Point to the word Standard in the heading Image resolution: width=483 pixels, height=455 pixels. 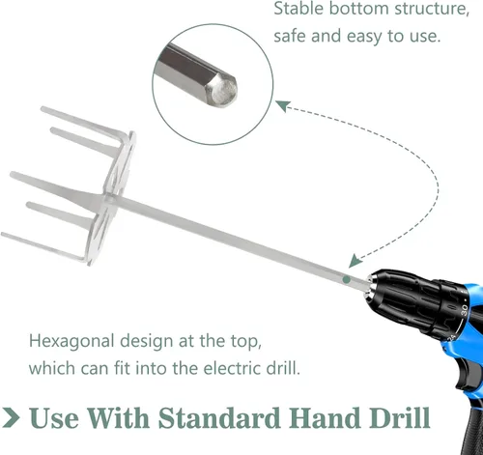click(x=219, y=417)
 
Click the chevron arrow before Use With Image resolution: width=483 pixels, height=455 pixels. click(x=12, y=417)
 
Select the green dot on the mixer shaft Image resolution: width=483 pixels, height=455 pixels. click(x=347, y=279)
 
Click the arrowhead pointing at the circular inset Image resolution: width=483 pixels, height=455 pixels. click(x=283, y=105)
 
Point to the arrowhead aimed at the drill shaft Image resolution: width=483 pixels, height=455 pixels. click(x=355, y=261)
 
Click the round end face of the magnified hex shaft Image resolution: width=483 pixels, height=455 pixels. click(x=223, y=91)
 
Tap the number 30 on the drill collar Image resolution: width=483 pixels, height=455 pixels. click(x=464, y=309)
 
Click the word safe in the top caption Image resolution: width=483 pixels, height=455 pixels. click(x=290, y=36)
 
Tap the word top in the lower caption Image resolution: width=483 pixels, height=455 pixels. click(x=246, y=342)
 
